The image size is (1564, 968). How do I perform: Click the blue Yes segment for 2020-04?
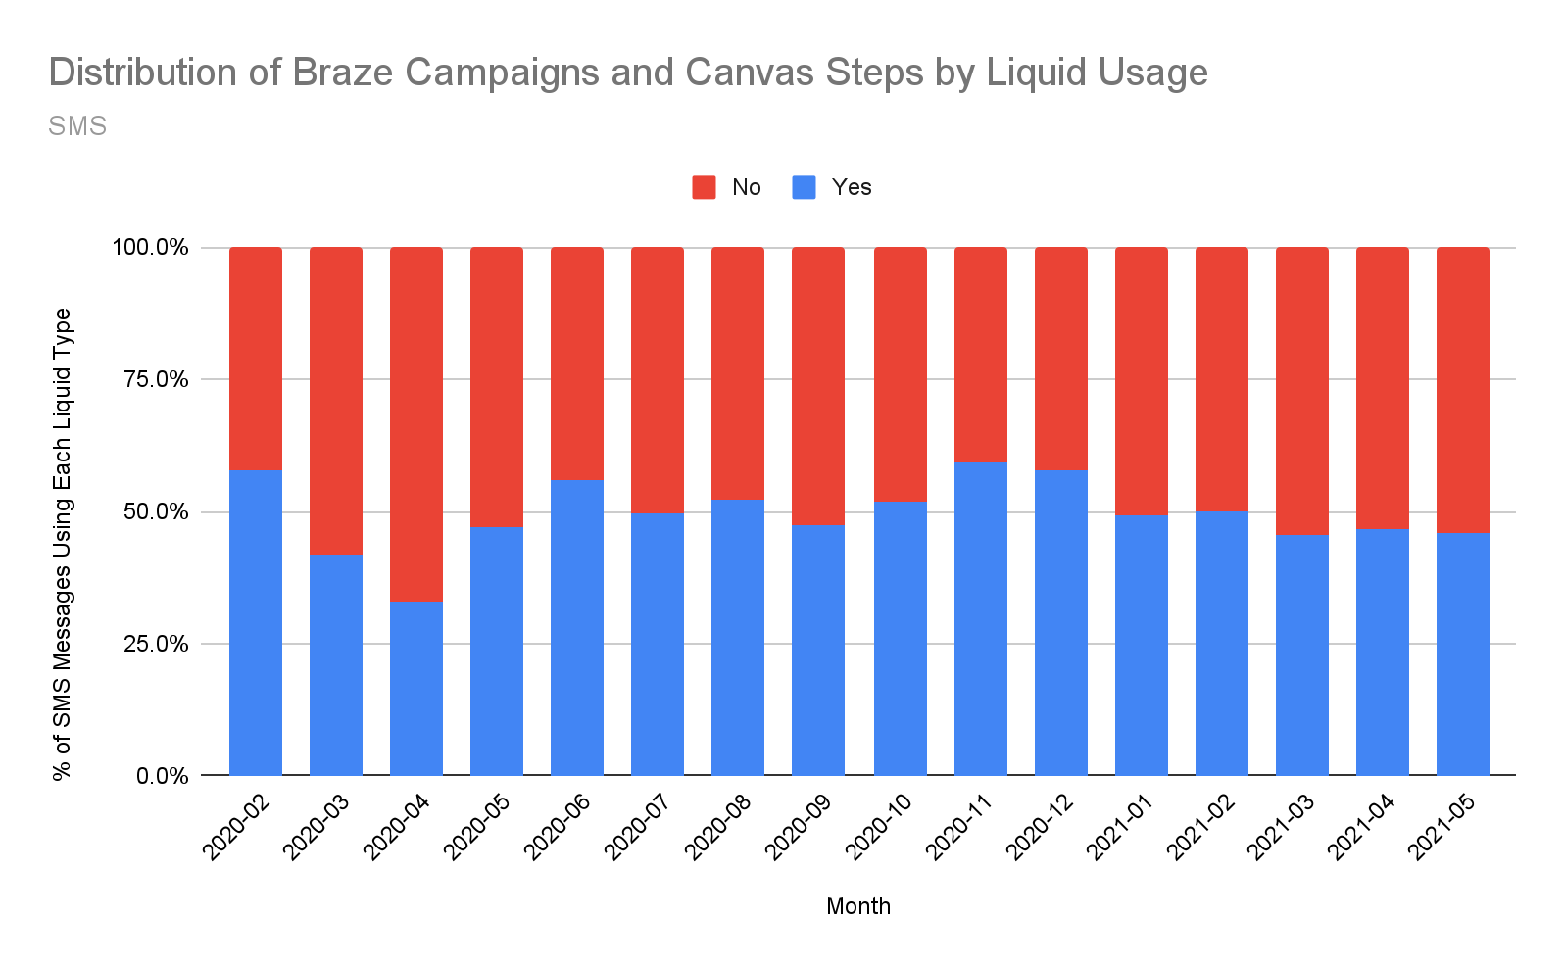(x=416, y=688)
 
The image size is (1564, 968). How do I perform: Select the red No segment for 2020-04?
(x=416, y=423)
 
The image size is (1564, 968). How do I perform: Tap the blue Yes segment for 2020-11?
(x=981, y=618)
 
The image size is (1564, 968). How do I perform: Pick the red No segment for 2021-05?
(x=1463, y=390)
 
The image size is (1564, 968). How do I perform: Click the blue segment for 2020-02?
(x=256, y=622)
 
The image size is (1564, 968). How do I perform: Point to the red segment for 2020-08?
(x=738, y=373)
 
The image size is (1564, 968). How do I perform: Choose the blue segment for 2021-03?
(x=1302, y=654)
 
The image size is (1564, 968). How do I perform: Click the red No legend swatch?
(x=704, y=187)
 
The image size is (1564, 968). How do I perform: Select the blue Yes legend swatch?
(x=804, y=187)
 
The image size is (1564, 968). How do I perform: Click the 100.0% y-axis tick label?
(x=150, y=247)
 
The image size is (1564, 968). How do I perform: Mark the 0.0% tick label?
(x=162, y=776)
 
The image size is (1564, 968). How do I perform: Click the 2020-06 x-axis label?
(x=559, y=827)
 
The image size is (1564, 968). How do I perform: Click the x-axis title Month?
(x=858, y=906)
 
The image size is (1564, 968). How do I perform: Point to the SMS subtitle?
(x=77, y=126)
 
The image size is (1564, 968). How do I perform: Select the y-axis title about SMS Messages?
(x=63, y=544)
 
